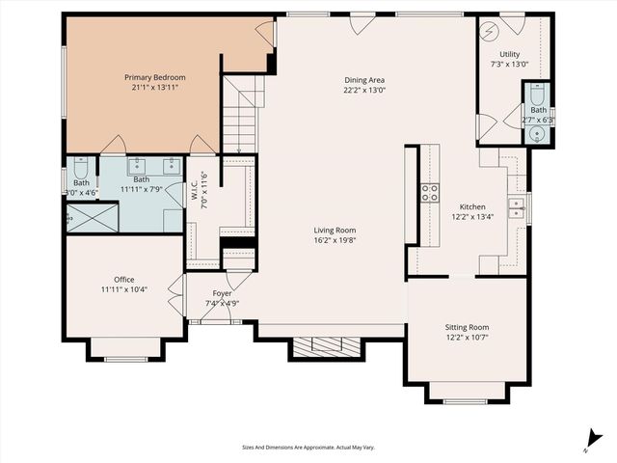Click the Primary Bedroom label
click(154, 76)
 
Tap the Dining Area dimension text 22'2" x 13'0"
click(364, 91)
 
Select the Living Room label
click(335, 230)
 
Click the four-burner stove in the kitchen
click(429, 191)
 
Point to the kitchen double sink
click(517, 205)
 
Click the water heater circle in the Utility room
click(489, 29)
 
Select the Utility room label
click(510, 54)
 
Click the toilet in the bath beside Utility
click(537, 96)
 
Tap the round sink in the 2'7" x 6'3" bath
click(537, 133)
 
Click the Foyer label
click(222, 293)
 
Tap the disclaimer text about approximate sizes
click(308, 447)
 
